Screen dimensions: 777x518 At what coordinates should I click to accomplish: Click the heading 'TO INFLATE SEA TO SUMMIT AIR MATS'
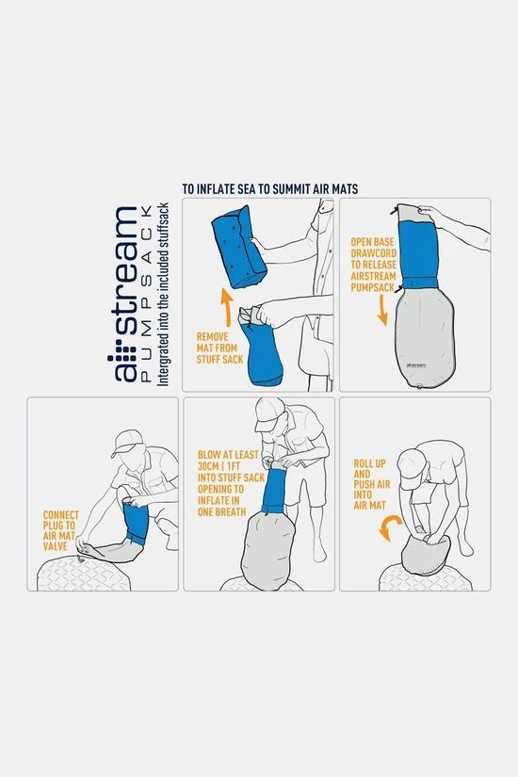[x=269, y=188]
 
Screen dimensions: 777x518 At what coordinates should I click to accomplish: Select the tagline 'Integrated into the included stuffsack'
[x=164, y=293]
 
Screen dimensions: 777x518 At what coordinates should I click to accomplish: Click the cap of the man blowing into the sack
[x=268, y=414]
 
